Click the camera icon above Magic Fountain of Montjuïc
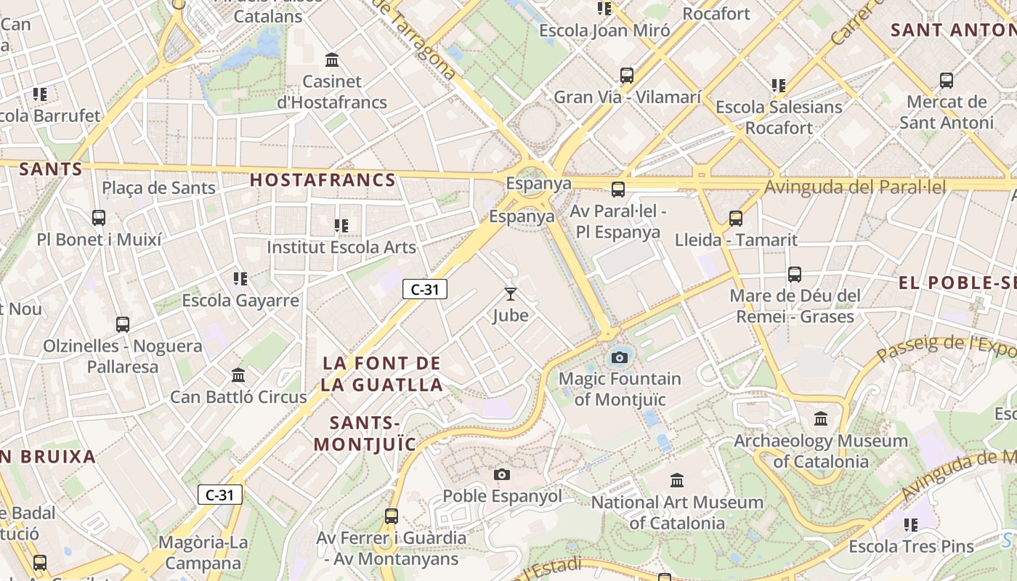[x=620, y=357]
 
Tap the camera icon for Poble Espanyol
[x=501, y=475]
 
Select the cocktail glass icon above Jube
[x=511, y=294]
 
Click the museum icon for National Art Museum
[x=677, y=480]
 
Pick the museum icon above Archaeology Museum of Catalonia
[x=821, y=419]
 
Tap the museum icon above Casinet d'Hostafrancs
[x=332, y=60]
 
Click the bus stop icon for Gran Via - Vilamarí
[x=627, y=75]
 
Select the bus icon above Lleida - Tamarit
[x=736, y=218]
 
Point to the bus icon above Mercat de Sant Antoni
[x=946, y=80]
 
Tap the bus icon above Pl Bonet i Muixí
[x=99, y=217]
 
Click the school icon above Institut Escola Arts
[x=341, y=226]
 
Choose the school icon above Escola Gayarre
[x=240, y=278]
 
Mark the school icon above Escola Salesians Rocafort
[x=779, y=86]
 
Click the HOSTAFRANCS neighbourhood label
[x=323, y=180]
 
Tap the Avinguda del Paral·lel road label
[x=855, y=187]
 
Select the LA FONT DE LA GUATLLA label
[x=381, y=373]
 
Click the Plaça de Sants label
[x=158, y=188]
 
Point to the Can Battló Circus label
[x=238, y=397]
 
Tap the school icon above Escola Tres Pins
[x=911, y=524]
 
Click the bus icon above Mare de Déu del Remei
[x=795, y=275]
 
